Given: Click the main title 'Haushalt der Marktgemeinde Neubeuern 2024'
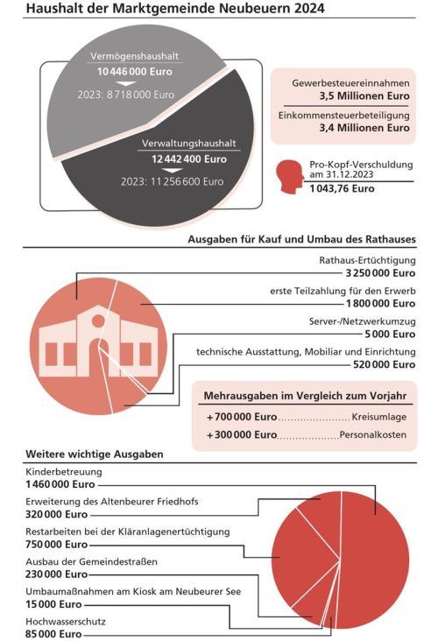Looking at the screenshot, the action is (x=175, y=10).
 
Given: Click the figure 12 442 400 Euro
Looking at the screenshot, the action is (x=188, y=159).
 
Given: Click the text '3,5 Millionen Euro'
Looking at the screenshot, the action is (x=362, y=95).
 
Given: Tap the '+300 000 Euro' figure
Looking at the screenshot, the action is (x=242, y=434).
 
